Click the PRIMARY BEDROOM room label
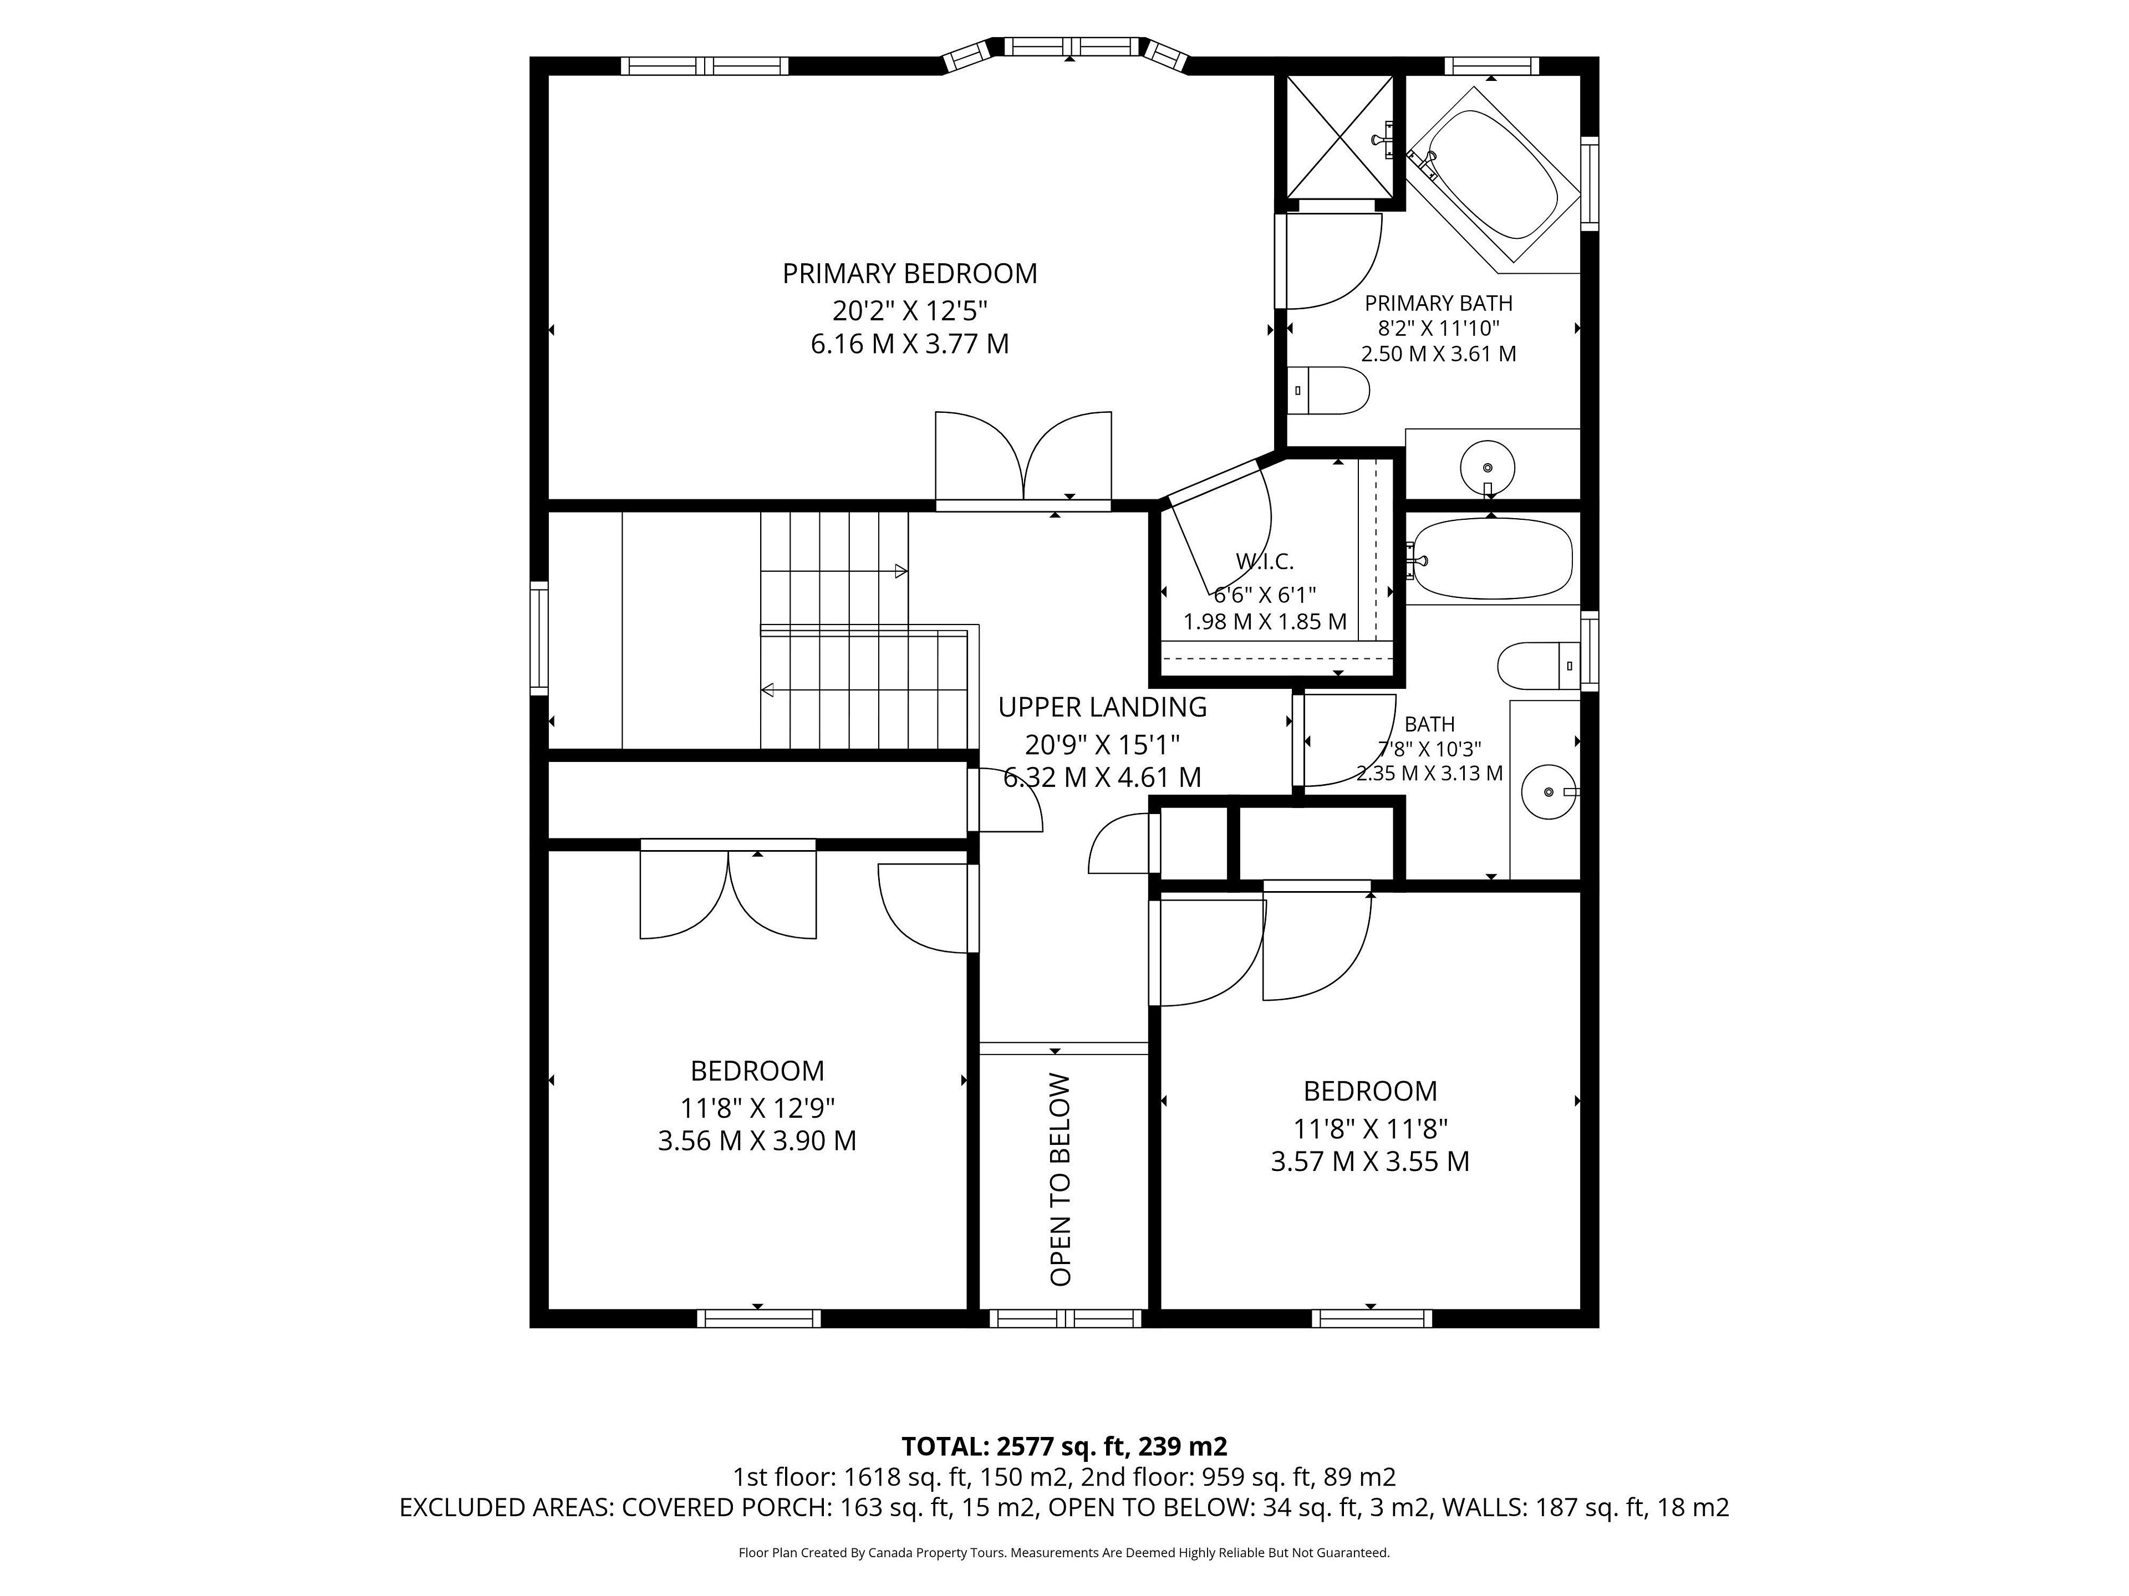click(910, 274)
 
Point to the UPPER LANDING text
click(1102, 707)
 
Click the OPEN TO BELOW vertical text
click(1061, 1179)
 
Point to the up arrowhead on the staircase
click(901, 571)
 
